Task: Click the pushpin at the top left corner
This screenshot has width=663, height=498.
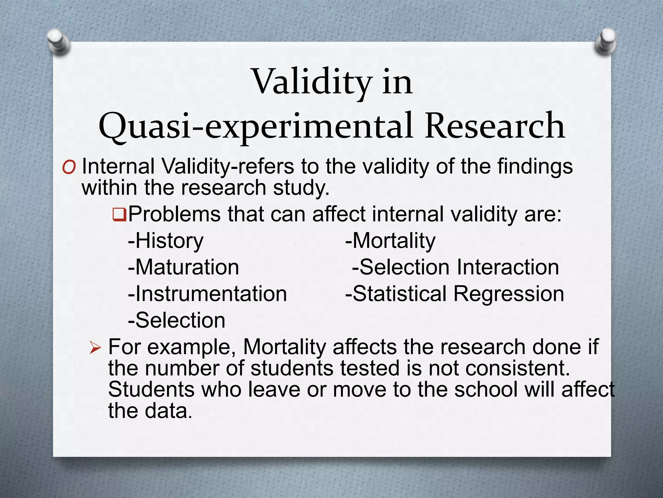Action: click(x=58, y=42)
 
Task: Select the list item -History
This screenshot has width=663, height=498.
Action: click(x=166, y=241)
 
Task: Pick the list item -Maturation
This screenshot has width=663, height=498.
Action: click(x=183, y=267)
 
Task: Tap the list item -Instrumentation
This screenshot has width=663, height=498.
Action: click(x=207, y=294)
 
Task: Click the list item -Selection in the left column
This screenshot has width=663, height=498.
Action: click(x=176, y=321)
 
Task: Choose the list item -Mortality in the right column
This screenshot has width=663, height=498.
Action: click(x=390, y=241)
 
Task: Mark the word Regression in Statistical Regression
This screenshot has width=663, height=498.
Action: click(x=508, y=294)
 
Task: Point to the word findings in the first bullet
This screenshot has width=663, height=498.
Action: click(x=535, y=167)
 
